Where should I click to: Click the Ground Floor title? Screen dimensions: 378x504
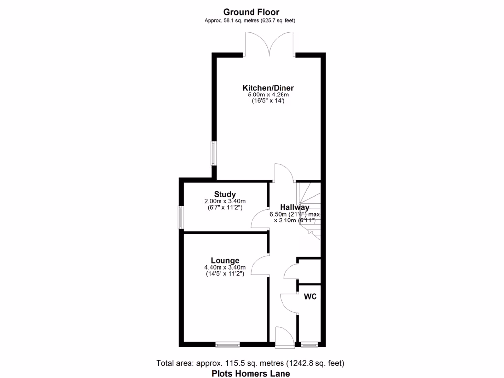pos(252,12)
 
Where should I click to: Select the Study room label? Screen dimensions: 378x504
pos(225,194)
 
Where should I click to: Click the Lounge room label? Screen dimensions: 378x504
pos(225,260)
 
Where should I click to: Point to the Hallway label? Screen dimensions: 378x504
pos(294,208)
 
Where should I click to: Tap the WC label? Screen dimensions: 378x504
pos(310,297)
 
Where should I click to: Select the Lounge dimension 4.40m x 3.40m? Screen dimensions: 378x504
pos(225,268)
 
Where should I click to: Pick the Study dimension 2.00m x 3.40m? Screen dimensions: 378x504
pos(225,201)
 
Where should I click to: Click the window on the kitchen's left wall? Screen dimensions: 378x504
pos(214,153)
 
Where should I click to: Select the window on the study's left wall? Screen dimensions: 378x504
pos(181,217)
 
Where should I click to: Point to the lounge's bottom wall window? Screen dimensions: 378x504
pos(227,344)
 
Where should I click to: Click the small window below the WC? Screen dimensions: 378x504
pos(310,344)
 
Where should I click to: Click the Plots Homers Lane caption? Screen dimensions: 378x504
pos(251,373)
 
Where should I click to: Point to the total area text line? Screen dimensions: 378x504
pos(250,363)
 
